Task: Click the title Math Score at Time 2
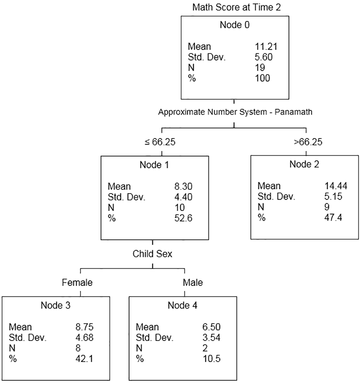pos(237,7)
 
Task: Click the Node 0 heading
pos(235,25)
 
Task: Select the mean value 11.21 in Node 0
pos(266,46)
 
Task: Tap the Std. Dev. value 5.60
pos(264,57)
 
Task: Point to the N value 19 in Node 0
pos(260,68)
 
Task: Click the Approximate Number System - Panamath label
pos(235,112)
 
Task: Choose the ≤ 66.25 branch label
pos(160,142)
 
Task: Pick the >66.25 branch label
pos(308,142)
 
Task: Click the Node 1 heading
pos(154,165)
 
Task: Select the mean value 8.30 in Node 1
pos(183,186)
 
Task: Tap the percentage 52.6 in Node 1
pos(183,218)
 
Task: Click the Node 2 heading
pos(304,164)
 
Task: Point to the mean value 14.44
pos(336,186)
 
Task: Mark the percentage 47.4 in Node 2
pos(333,217)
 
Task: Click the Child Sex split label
pos(152,254)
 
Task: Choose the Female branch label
pos(77,282)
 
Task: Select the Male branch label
pos(193,282)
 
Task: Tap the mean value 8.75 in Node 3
pos(85,327)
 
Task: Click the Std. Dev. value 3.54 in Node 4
pos(211,337)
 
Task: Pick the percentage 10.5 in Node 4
pos(211,359)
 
